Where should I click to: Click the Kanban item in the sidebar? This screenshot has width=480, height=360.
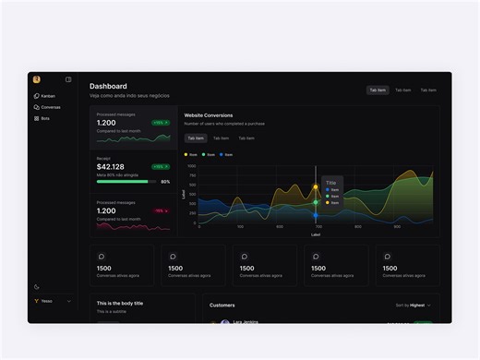(x=48, y=96)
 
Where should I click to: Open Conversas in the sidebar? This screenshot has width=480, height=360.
(x=50, y=107)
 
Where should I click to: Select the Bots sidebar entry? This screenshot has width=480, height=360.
(x=44, y=118)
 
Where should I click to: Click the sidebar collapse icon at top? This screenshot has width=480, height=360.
(x=68, y=79)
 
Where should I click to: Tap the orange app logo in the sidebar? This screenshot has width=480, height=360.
(x=36, y=79)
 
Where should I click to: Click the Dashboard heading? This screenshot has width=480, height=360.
(x=108, y=86)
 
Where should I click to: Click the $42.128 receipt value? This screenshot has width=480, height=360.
(x=110, y=167)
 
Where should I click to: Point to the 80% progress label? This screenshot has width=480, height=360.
(x=165, y=182)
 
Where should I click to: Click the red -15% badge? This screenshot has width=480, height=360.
(x=161, y=210)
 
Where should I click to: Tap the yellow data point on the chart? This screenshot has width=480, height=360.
(x=316, y=186)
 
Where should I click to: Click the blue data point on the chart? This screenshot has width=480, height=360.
(x=316, y=215)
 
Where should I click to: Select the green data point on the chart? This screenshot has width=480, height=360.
(x=316, y=201)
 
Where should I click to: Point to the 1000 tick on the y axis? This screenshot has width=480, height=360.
(x=192, y=166)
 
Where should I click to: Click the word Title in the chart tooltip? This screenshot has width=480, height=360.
(x=330, y=183)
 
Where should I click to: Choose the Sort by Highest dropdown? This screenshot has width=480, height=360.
(x=413, y=305)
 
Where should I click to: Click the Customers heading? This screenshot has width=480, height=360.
(x=222, y=305)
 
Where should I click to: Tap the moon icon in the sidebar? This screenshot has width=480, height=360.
(x=37, y=287)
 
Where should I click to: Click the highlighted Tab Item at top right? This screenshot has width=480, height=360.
(x=378, y=90)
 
